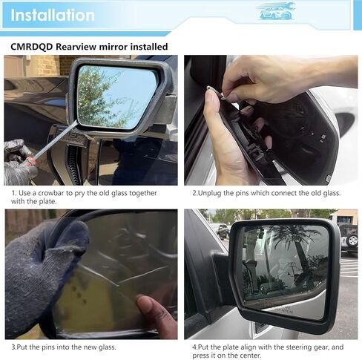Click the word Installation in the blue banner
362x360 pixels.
[x=53, y=15]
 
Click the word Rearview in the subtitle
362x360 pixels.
[x=81, y=47]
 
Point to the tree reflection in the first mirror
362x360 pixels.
[x=100, y=100]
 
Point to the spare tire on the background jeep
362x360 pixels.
[x=351, y=239]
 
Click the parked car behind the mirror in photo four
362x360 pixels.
[x=221, y=230]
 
